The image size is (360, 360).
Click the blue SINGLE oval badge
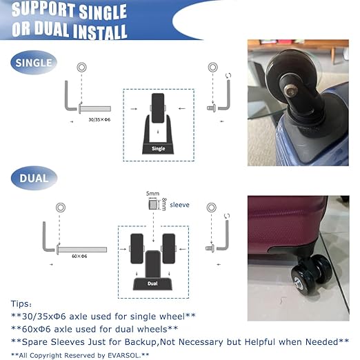tap(34, 63)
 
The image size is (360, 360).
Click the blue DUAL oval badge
tap(34, 178)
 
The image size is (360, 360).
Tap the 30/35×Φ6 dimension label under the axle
tap(99, 119)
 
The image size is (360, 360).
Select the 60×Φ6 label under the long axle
tap(79, 256)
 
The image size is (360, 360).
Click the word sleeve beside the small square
tap(179, 205)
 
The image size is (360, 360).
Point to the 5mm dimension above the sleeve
tap(152, 194)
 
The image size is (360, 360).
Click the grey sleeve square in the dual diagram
tap(153, 204)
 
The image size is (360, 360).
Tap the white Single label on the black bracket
tap(159, 148)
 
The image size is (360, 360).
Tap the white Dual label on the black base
tap(152, 283)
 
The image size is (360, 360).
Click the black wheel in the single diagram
tap(158, 108)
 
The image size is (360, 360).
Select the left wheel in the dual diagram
tap(137, 248)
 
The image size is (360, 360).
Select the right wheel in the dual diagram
tap(169, 248)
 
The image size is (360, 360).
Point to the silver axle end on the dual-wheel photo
tap(298, 281)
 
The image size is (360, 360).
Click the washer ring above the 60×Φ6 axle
tap(61, 208)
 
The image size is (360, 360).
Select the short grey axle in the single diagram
tap(95, 108)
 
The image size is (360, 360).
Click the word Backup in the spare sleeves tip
tap(141, 342)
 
